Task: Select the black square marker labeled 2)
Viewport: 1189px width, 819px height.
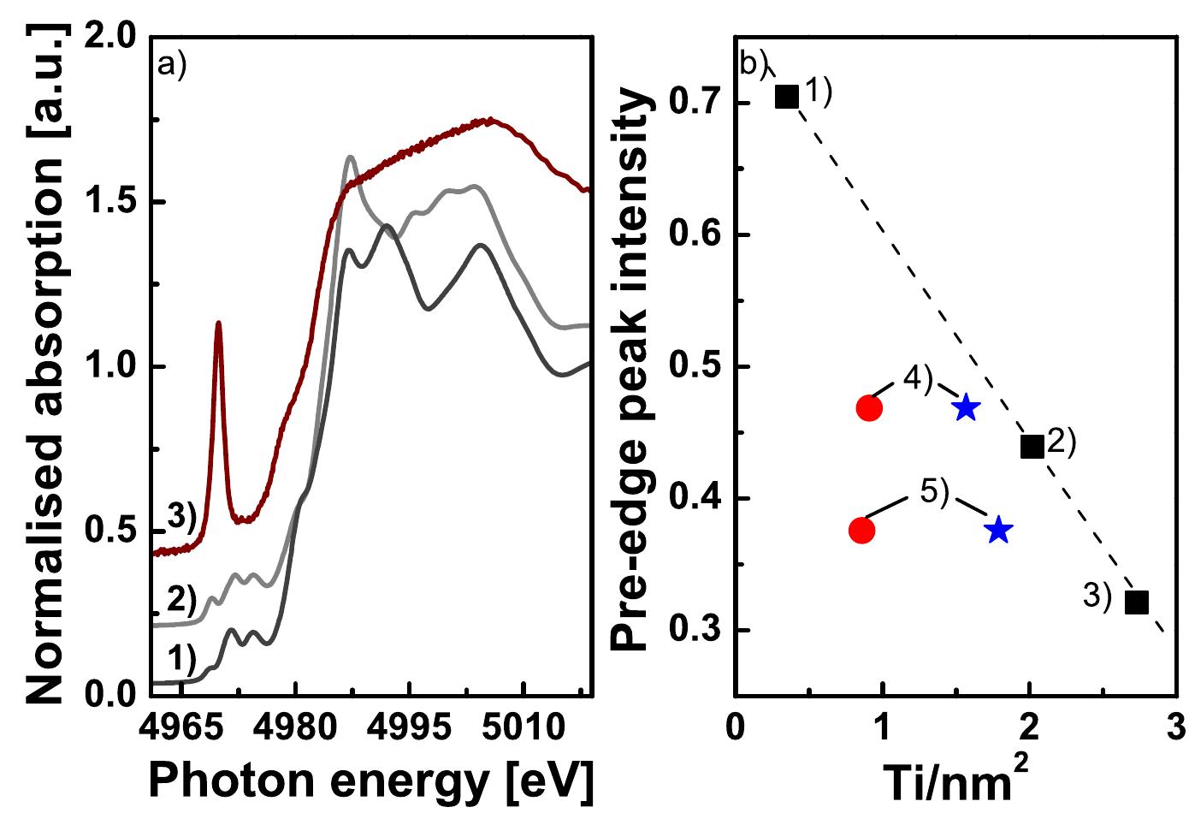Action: coord(1032,446)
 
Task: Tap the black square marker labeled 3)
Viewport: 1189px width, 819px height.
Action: coord(1136,602)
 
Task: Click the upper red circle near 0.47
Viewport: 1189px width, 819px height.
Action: coord(868,408)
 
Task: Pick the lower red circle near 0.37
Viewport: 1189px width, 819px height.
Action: coord(861,531)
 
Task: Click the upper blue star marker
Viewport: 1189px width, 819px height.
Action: coord(966,408)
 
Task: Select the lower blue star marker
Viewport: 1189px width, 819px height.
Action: coord(998,531)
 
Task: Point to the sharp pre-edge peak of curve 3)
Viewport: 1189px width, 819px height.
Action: coord(219,323)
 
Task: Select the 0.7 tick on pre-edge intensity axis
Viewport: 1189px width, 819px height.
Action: coord(691,104)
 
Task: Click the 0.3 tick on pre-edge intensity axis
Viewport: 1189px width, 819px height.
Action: coord(691,631)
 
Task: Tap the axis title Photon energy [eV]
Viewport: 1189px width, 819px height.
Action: coord(371,783)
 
